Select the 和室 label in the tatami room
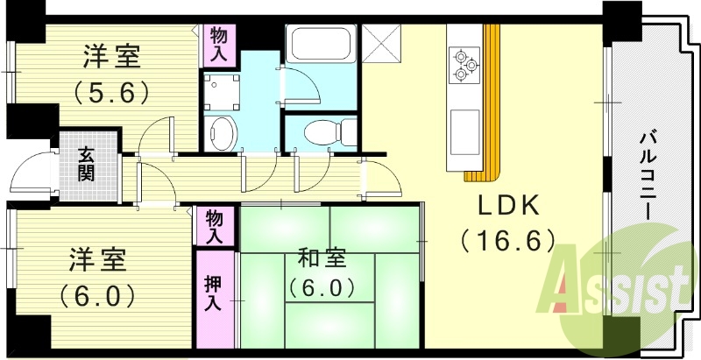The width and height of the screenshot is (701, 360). [x=322, y=259]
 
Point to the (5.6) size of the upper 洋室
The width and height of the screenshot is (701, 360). [x=111, y=91]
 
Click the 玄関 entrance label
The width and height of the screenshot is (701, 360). [x=86, y=164]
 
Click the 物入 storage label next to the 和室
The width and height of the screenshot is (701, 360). [x=214, y=227]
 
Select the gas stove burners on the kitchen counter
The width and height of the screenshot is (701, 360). [x=464, y=63]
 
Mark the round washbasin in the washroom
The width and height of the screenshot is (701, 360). [x=222, y=133]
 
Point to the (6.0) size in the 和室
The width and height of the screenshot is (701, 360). [x=322, y=287]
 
